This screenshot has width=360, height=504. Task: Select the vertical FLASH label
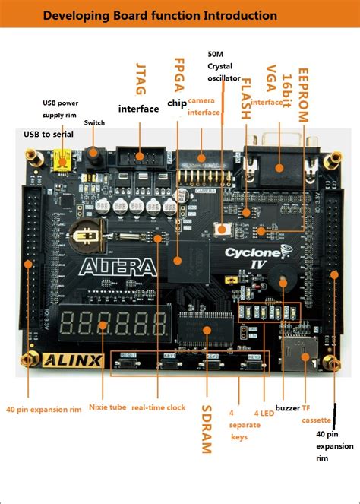tap(245, 99)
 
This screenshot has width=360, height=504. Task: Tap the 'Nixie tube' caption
tap(106, 407)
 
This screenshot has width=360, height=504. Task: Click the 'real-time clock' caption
tap(158, 407)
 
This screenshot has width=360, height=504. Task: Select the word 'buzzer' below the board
tap(288, 408)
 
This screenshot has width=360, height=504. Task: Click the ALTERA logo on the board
tap(116, 266)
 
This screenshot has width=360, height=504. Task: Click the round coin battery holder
tap(86, 237)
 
